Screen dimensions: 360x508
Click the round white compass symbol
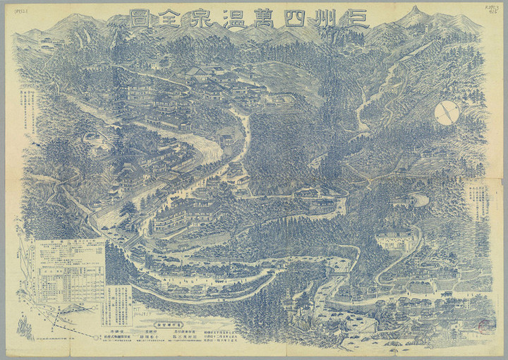pyautogui.click(x=447, y=112)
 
